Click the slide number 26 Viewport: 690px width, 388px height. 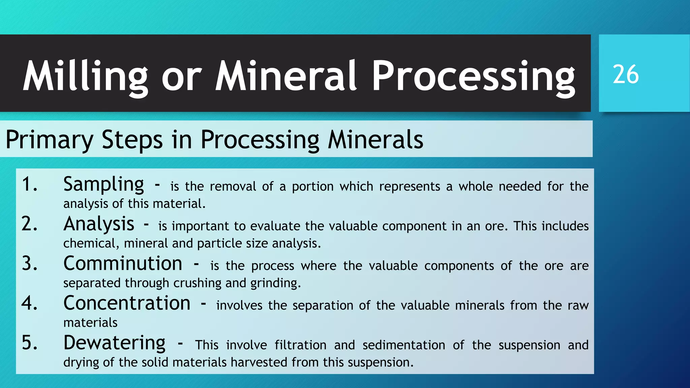click(x=626, y=74)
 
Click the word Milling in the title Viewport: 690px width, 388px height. click(x=85, y=77)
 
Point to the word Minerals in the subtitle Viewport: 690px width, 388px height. click(x=375, y=140)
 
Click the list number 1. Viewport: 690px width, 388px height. click(x=29, y=185)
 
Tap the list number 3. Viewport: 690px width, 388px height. click(x=29, y=264)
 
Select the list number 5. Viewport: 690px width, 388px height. click(x=29, y=343)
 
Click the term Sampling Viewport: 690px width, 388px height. click(x=103, y=185)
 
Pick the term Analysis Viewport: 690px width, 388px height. click(x=99, y=224)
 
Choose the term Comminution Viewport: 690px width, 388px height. click(x=123, y=264)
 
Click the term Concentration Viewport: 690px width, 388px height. click(x=127, y=303)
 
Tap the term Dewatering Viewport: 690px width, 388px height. click(x=114, y=343)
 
